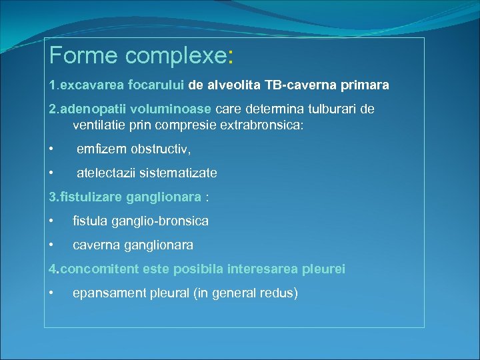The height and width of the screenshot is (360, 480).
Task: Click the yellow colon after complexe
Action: (230, 56)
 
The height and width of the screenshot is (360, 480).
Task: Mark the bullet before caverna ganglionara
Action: (52, 245)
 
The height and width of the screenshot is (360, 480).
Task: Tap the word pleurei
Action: (323, 269)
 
